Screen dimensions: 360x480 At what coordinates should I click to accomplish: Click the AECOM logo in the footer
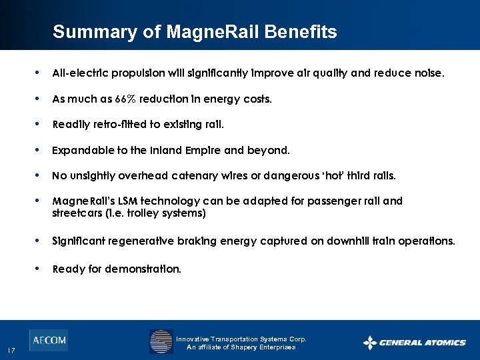[x=48, y=341]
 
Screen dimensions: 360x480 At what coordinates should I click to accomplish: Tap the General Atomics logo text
[x=422, y=343]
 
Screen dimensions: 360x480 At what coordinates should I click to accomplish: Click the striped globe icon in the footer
[x=161, y=342]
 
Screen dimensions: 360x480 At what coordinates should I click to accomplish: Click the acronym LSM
[x=120, y=201]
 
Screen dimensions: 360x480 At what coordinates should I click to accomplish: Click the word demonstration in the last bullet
[x=147, y=269]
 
